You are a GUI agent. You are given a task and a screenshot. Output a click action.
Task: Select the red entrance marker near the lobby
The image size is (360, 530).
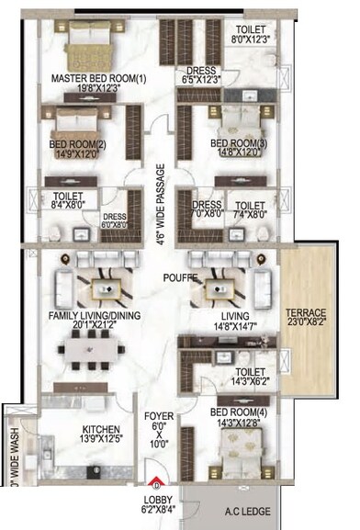pos(156,485)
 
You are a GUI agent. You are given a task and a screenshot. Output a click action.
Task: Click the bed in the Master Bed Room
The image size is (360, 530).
pos(84,40)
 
